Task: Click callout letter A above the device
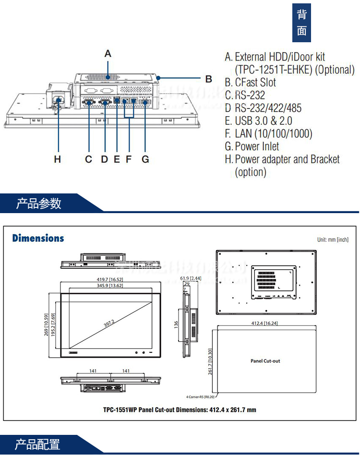(x=108, y=53)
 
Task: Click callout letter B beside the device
(x=208, y=79)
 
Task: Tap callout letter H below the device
(x=58, y=159)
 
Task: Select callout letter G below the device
(x=145, y=159)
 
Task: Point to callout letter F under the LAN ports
(x=128, y=159)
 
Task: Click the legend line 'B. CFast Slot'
(x=250, y=83)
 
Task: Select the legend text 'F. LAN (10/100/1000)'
(x=268, y=133)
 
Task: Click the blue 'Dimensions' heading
(x=38, y=238)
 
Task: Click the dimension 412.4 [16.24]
(x=265, y=324)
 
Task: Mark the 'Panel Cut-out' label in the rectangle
(x=265, y=360)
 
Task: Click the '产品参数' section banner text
(x=39, y=204)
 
